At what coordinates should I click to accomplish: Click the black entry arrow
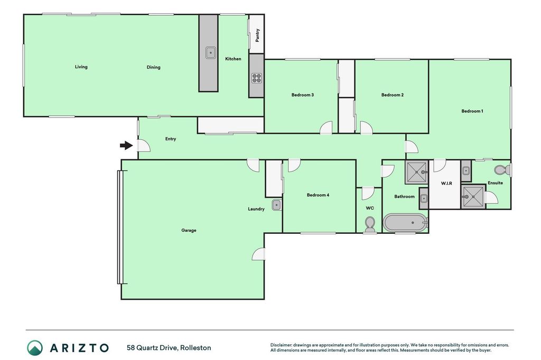pos(126,146)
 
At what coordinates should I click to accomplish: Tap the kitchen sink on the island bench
pos(210,53)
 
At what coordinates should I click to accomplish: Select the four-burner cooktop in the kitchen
pos(256,78)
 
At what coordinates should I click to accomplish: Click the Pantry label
pos(257,35)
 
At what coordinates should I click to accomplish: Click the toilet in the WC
pos(369,224)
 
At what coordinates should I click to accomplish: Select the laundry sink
pos(277,205)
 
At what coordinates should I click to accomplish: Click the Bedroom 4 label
pos(318,195)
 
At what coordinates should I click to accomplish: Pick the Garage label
pos(189,230)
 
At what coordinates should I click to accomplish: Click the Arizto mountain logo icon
pos(35,347)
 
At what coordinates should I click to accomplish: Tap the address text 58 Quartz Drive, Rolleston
pos(169,347)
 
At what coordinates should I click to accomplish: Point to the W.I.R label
pos(446,183)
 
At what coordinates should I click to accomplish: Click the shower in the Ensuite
pos(473,197)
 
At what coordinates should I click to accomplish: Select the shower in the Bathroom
pos(417,172)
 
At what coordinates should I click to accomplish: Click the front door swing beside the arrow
pos(144,146)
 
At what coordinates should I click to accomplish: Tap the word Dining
pos(154,67)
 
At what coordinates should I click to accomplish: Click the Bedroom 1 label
pos(472,111)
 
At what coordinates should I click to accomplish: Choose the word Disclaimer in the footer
pos(281,345)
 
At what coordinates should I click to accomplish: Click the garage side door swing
pos(258,254)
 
